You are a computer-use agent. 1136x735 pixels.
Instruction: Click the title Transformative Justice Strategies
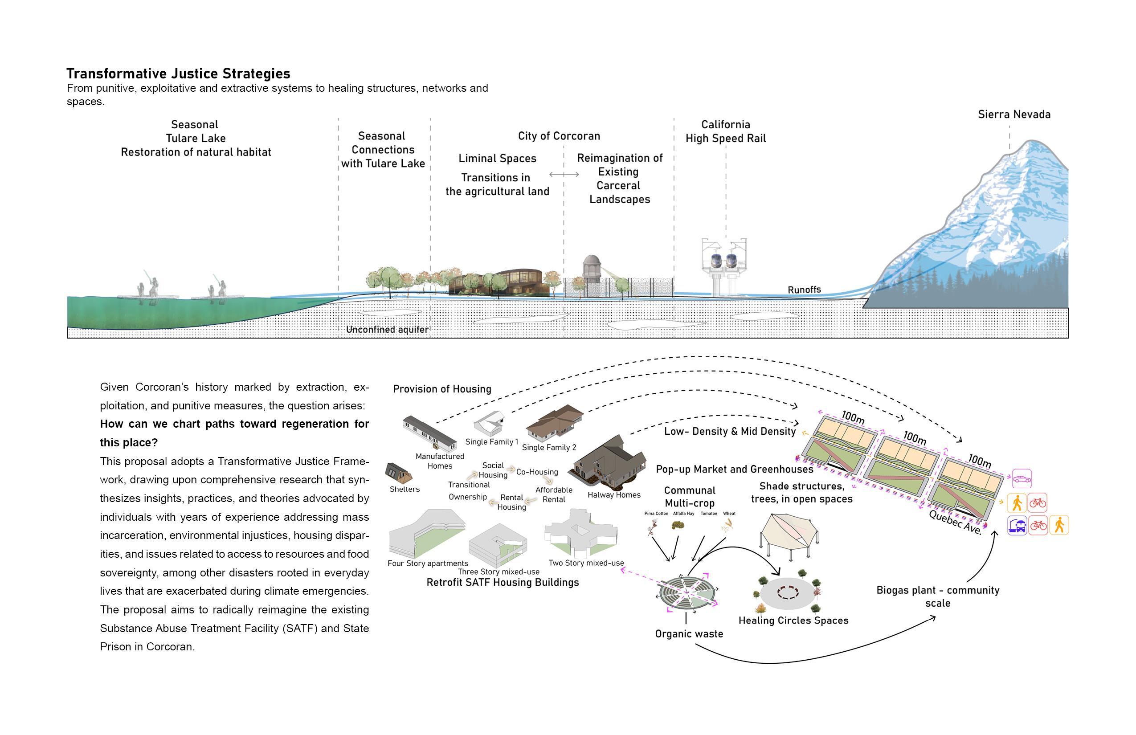(178, 73)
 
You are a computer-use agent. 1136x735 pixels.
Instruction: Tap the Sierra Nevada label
(1014, 114)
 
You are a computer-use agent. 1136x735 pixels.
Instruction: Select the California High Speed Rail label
(726, 131)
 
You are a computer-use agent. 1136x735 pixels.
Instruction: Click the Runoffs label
(804, 290)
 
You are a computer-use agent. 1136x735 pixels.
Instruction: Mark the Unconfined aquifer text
(387, 329)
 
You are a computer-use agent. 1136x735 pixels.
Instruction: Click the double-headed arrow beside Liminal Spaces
(564, 174)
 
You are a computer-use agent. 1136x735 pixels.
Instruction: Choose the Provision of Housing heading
(442, 389)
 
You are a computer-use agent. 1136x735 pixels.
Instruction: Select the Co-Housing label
(537, 472)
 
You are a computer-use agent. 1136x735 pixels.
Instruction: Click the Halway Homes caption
(614, 495)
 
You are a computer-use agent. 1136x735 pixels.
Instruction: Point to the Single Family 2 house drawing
(554, 421)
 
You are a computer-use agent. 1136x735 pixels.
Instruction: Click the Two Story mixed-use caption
(586, 563)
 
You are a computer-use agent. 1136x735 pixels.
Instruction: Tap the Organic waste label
(689, 634)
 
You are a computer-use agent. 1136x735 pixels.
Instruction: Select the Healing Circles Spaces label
(793, 621)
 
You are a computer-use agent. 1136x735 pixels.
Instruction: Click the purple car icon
(1022, 479)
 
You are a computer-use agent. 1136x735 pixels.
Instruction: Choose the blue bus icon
(1017, 526)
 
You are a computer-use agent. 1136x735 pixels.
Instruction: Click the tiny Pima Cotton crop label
(656, 514)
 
